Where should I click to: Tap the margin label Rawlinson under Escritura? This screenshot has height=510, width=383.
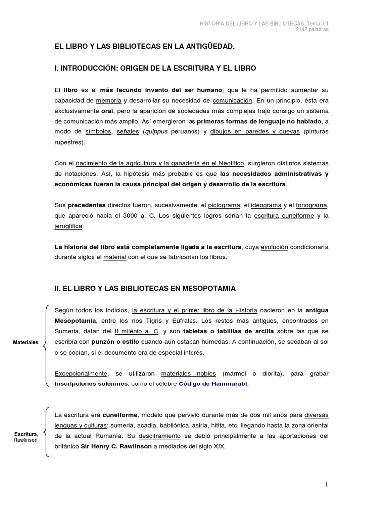click(x=26, y=440)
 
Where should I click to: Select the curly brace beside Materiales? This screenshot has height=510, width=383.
click(x=46, y=344)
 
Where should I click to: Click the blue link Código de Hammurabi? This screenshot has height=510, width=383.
click(x=212, y=383)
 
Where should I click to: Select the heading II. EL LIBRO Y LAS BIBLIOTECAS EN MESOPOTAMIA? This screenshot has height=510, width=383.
click(x=145, y=288)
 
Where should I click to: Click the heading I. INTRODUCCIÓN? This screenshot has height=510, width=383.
click(x=155, y=67)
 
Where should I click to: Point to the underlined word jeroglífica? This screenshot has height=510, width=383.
click(x=69, y=226)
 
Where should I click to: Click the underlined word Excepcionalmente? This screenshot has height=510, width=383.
click(x=81, y=373)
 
